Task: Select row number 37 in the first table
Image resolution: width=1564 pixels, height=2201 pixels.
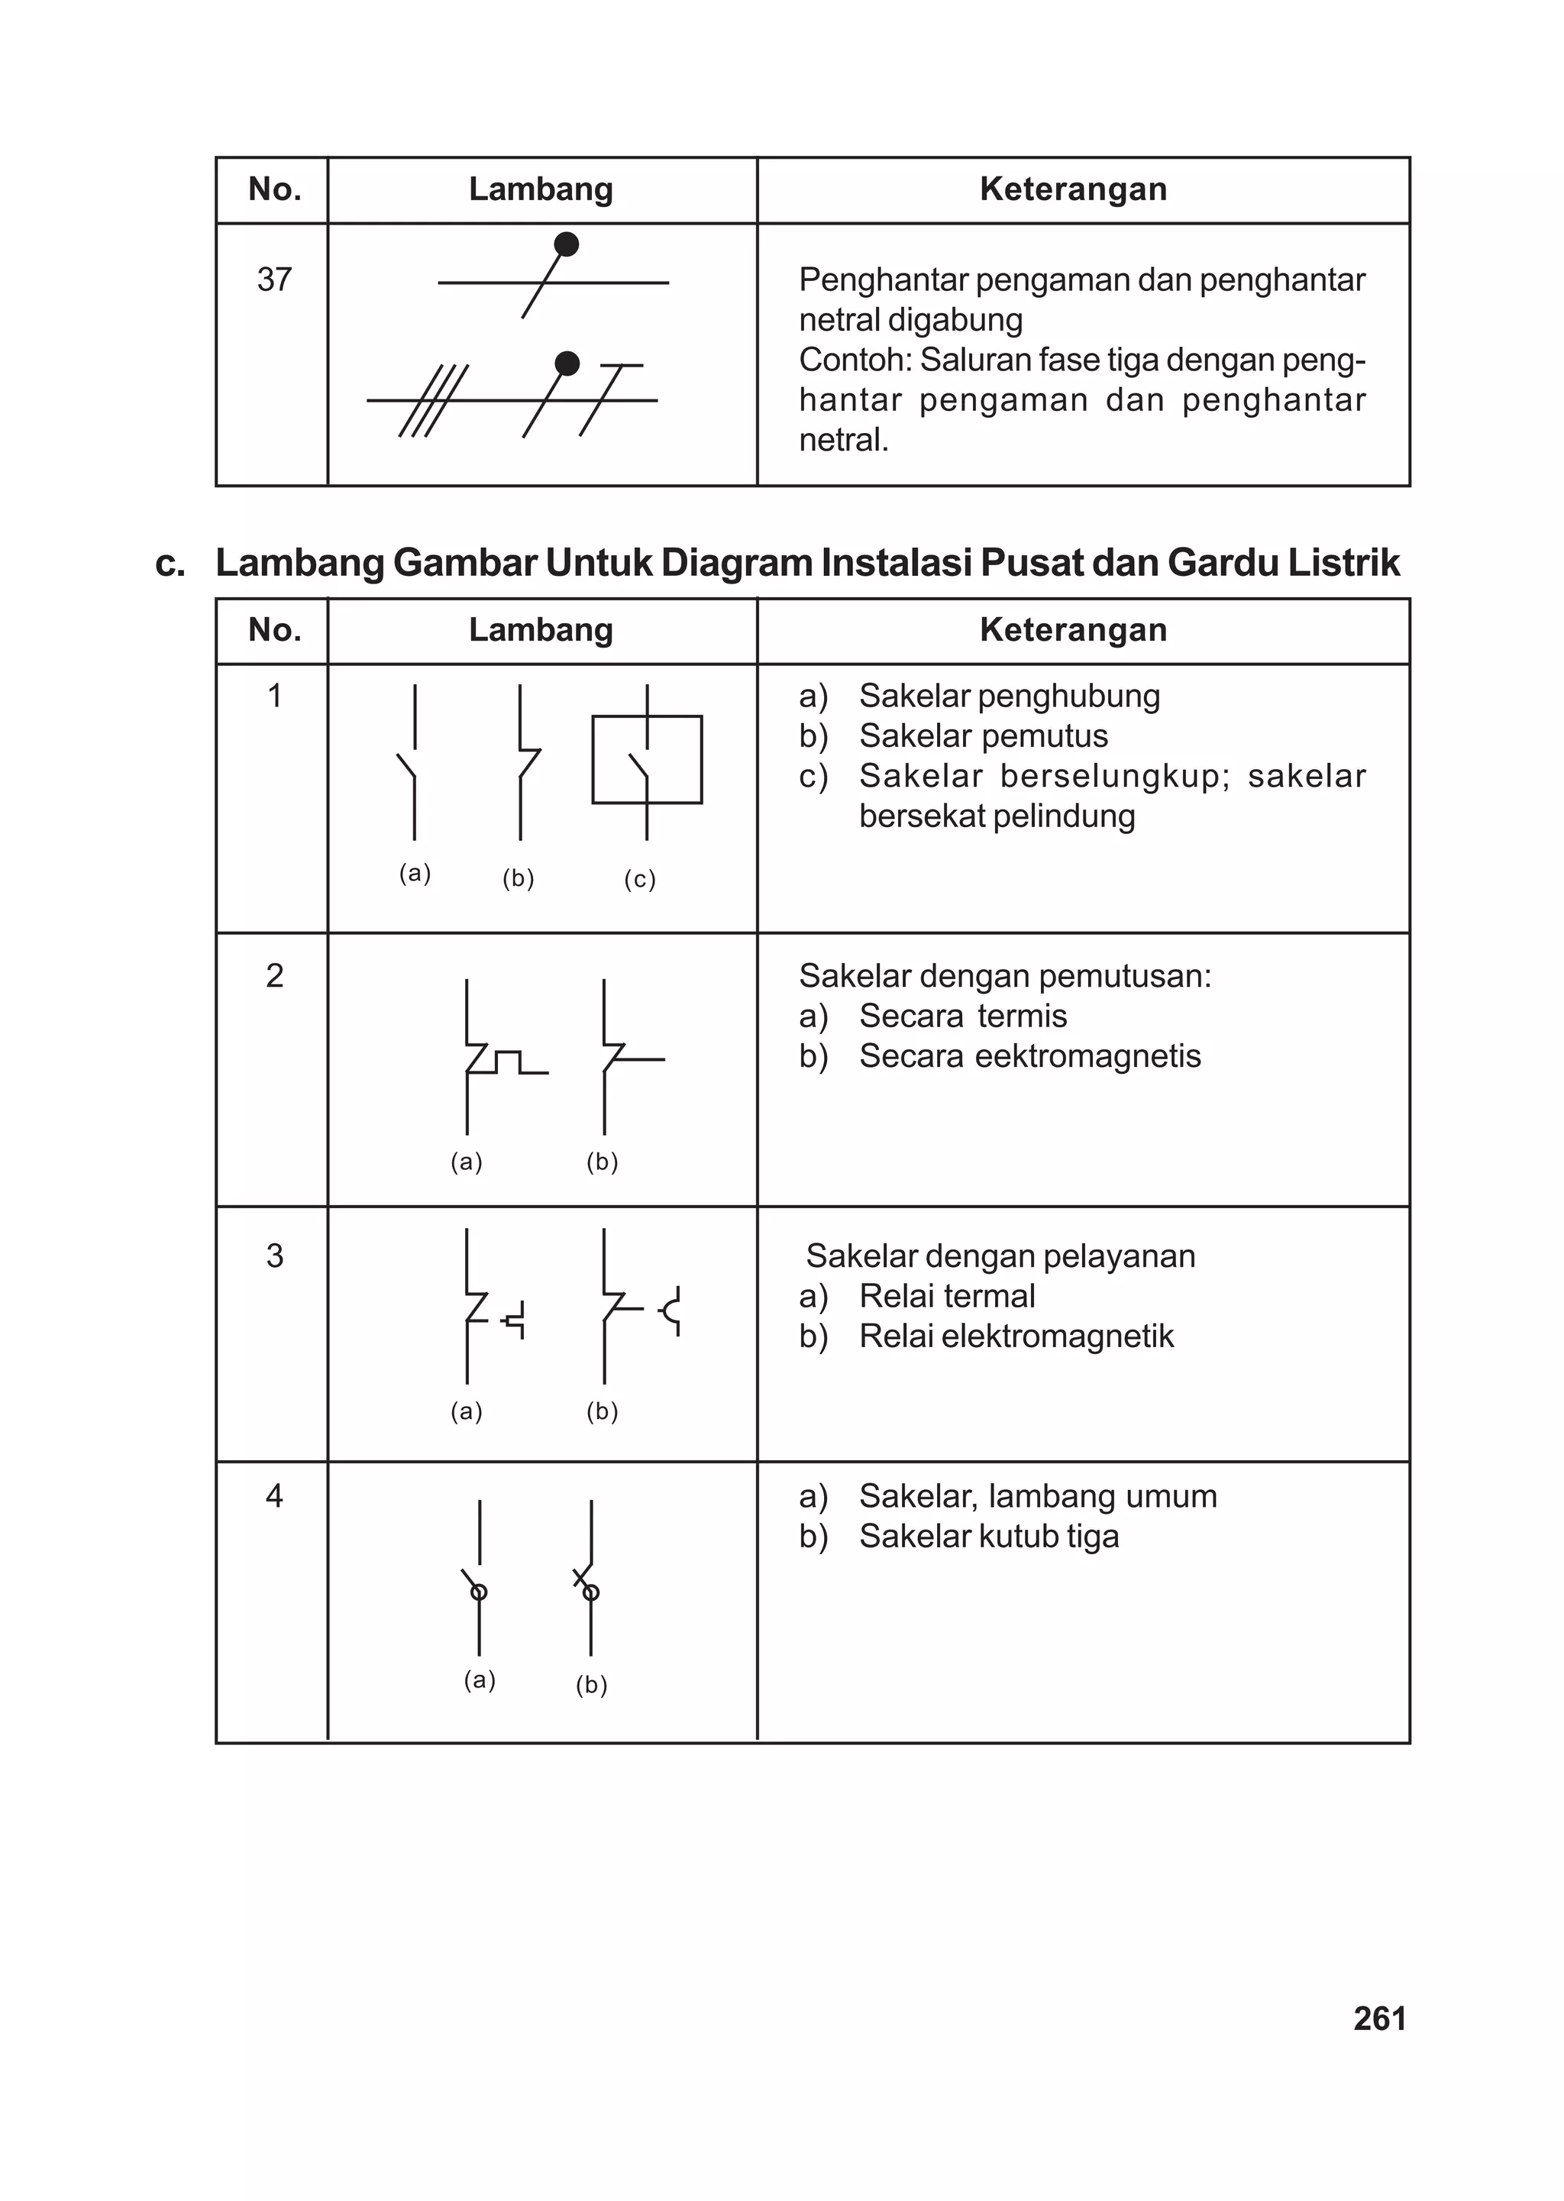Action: click(274, 280)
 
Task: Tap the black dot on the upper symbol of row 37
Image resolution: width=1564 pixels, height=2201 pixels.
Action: click(567, 244)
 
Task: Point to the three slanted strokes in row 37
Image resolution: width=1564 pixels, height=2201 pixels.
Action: click(433, 400)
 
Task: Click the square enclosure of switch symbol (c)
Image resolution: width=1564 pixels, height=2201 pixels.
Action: click(646, 760)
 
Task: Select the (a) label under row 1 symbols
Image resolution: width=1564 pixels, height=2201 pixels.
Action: click(415, 873)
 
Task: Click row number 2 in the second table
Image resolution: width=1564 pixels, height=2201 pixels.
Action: click(274, 975)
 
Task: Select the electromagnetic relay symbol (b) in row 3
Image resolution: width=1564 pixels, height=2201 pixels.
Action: click(635, 1308)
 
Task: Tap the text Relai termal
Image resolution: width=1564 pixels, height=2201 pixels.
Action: click(947, 1297)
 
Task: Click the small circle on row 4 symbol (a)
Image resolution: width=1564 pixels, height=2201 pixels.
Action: click(479, 1592)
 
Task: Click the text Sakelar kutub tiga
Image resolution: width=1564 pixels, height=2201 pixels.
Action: click(988, 1537)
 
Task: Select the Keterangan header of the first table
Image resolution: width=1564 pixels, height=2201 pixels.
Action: click(1073, 189)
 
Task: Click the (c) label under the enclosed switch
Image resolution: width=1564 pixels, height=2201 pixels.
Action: click(639, 879)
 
